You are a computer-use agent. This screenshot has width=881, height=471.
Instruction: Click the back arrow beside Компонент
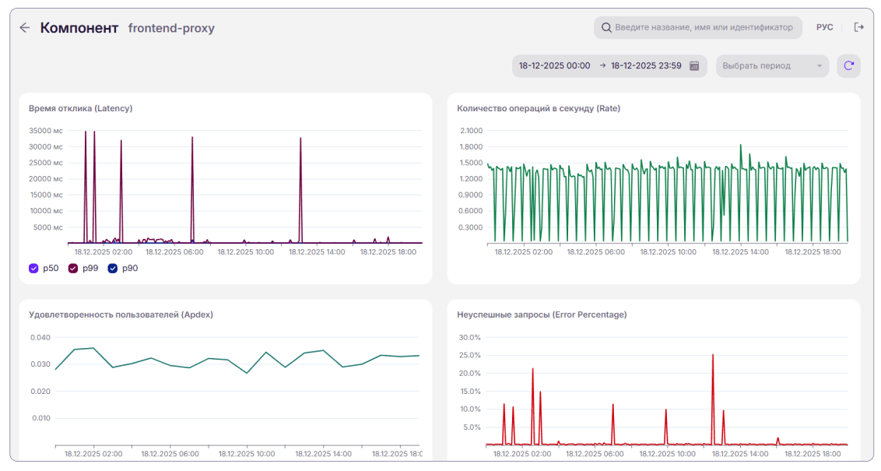pos(25,27)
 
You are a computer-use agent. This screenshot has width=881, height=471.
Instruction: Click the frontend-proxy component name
pos(171,28)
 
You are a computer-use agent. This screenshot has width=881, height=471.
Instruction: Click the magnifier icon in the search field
pos(606,27)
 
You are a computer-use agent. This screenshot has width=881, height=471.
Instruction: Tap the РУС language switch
pos(824,27)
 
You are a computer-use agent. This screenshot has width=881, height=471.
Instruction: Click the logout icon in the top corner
pos(858,27)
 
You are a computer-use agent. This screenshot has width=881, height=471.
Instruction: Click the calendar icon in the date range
pos(694,65)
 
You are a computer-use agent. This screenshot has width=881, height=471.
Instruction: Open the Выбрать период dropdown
pos(772,65)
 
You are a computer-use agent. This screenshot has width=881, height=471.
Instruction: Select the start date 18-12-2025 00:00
pos(554,65)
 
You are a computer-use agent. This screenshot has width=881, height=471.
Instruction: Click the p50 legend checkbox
pos(33,268)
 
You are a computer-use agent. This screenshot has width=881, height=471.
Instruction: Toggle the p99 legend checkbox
pos(73,268)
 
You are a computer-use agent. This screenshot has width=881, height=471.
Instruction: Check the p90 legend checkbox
pos(113,268)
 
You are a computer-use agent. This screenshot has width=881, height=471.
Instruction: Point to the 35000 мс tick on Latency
pos(46,130)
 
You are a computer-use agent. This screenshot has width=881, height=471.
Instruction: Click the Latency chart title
pos(80,108)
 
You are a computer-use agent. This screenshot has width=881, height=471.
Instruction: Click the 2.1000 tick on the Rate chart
pos(472,130)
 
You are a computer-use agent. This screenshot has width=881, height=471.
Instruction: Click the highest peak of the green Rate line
pos(741,145)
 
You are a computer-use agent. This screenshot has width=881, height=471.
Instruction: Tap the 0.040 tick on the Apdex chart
pos(40,337)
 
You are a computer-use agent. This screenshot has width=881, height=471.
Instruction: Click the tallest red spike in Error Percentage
pos(713,355)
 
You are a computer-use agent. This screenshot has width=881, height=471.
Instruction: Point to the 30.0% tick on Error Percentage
pos(470,337)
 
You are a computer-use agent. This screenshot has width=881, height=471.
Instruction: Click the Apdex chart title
pos(121,315)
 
